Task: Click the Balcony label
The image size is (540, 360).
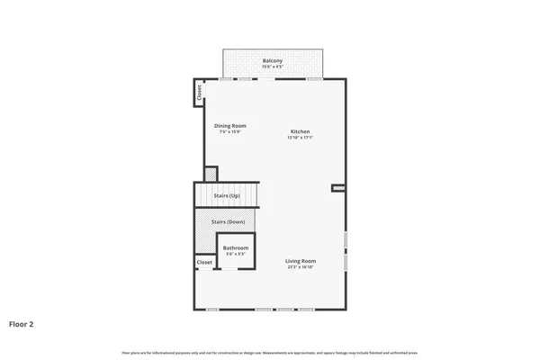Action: click(x=272, y=60)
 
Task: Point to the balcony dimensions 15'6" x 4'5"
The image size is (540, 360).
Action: click(x=272, y=67)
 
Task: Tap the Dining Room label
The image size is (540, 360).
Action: click(x=229, y=125)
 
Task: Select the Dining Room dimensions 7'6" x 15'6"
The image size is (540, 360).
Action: click(x=229, y=131)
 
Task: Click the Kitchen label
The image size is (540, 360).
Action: click(x=299, y=131)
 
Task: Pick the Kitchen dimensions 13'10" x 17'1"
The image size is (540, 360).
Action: click(x=299, y=138)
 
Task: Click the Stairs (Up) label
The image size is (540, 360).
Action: click(x=227, y=195)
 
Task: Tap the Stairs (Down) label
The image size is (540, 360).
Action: click(x=228, y=221)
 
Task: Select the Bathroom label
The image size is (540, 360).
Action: click(x=236, y=247)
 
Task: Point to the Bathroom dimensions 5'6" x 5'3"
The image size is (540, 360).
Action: click(x=236, y=254)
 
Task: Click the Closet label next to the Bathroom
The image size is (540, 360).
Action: click(x=204, y=262)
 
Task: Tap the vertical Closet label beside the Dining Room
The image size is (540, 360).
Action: click(x=199, y=93)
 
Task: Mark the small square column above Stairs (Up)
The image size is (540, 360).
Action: click(x=211, y=174)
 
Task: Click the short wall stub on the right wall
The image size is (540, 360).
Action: click(x=338, y=188)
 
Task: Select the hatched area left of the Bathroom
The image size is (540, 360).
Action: click(x=205, y=238)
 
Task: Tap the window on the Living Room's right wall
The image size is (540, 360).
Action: click(x=346, y=251)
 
